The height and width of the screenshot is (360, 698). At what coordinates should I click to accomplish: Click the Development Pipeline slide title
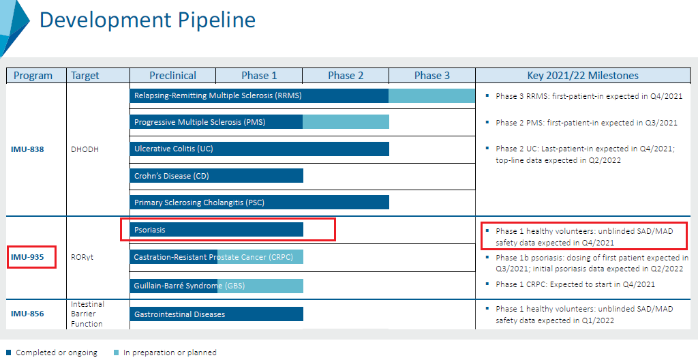147,20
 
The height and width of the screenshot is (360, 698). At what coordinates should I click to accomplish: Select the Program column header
33,76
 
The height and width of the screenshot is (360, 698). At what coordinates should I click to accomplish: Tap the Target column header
85,76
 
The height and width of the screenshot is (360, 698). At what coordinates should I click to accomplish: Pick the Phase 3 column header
431,76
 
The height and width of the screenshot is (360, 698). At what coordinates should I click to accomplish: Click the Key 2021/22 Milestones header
583,76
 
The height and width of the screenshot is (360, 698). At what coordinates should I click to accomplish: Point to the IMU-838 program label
27,149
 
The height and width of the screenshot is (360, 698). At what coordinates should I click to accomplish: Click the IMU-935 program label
27,257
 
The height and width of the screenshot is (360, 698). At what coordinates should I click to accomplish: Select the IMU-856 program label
27,314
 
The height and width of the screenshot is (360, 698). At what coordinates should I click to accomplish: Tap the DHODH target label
85,149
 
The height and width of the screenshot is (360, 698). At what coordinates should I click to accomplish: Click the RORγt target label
82,257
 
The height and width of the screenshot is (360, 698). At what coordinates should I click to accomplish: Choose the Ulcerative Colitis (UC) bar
260,149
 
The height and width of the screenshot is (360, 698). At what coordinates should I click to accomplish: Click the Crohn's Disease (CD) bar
216,175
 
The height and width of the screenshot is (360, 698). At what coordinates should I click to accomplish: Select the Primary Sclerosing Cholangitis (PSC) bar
260,202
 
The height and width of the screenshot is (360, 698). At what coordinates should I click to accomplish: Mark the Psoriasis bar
216,230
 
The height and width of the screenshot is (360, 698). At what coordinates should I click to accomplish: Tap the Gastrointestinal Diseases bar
216,314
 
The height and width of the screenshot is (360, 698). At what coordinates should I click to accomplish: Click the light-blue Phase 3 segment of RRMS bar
431,95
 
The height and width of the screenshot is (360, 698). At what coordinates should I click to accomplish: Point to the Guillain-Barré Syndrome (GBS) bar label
189,286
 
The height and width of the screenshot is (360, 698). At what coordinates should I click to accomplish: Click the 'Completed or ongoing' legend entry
52,352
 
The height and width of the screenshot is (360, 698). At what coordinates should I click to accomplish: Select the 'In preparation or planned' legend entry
165,352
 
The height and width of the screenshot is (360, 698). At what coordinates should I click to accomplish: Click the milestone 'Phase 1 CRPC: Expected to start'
575,284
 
